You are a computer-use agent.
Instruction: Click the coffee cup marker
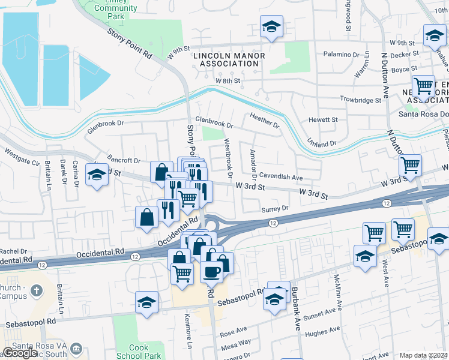coord(211,271)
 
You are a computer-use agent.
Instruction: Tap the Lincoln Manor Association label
coord(229,60)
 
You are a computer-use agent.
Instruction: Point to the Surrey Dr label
coord(276,208)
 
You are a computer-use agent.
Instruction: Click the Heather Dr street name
coord(265,121)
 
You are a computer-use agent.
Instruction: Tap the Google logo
coord(20,353)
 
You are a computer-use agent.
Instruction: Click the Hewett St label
coord(323,120)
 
